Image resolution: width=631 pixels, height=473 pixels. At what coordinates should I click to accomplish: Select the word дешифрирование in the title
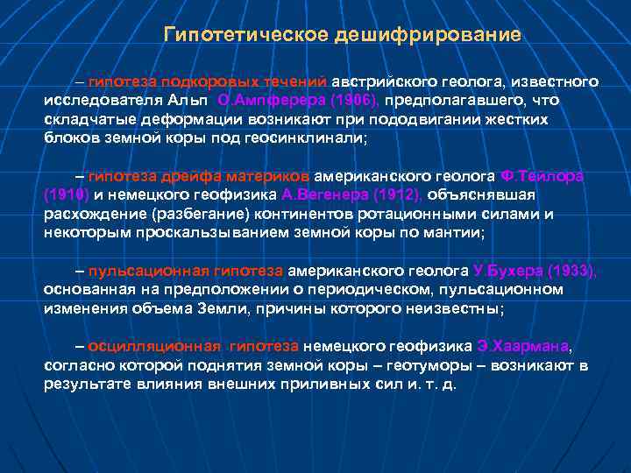427,35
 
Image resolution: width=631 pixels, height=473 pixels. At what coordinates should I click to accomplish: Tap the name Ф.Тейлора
542,176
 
